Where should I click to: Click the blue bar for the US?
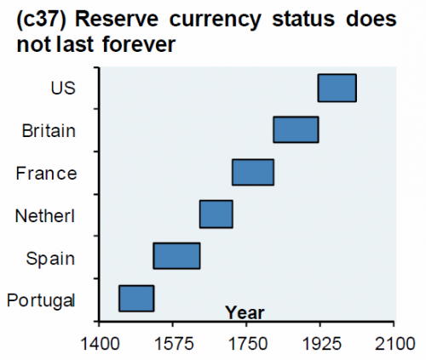(x=337, y=88)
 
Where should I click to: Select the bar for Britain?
(x=296, y=129)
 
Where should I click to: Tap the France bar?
(x=253, y=172)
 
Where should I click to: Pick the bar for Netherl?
(x=216, y=214)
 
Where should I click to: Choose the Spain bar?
(x=176, y=256)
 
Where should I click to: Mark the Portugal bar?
(x=136, y=299)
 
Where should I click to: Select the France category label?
(x=46, y=174)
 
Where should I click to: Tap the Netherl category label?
(x=46, y=216)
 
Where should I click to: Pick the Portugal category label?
(x=41, y=300)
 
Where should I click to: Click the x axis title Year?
(x=245, y=312)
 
